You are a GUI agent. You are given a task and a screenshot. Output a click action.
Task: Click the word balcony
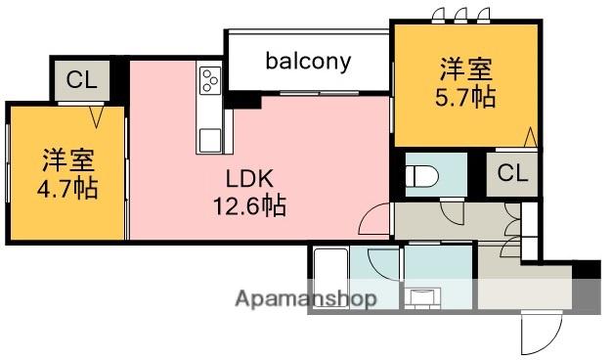pos(308,62)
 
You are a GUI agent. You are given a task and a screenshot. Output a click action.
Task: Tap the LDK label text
pos(250,179)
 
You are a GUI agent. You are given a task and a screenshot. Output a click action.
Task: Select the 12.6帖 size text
pos(250,205)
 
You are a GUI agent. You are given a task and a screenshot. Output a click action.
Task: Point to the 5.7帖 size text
pos(465,97)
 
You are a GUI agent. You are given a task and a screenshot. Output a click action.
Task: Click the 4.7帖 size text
pos(67,189)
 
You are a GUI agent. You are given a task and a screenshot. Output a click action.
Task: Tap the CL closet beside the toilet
pos(512,174)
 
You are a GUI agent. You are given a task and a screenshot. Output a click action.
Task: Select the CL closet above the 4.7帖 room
pos(81,80)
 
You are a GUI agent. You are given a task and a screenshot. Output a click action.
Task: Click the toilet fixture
pos(421,177)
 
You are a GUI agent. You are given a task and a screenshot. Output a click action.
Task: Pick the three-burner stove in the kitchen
pos(210,80)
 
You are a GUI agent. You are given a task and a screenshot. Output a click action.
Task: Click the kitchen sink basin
pos(209,141)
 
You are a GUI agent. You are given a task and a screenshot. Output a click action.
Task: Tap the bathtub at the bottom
pos(330,279)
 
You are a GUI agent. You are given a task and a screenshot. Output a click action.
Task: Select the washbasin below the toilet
pos(422,298)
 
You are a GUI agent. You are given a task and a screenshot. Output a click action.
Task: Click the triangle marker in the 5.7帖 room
pos(530,137)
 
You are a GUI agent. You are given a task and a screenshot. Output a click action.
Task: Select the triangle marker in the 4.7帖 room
pos(96,116)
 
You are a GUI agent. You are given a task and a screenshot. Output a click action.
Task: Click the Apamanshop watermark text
pos(306,299)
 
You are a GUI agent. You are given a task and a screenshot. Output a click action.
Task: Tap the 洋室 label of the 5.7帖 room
pos(466,69)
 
